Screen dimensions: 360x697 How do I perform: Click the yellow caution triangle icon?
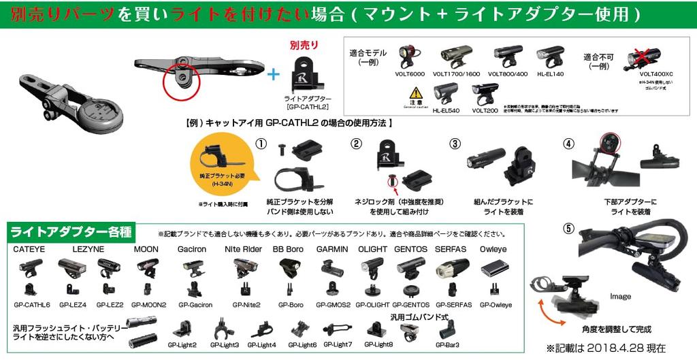[x=415, y=93]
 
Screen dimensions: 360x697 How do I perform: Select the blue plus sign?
[x=273, y=74]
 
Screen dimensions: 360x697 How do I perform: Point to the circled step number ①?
[x=261, y=144]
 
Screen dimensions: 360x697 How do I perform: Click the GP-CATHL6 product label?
[x=32, y=305]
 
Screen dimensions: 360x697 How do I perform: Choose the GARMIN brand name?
[x=332, y=250]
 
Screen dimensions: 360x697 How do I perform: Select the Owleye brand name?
[x=493, y=250]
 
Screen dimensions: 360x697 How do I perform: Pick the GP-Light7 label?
[x=337, y=344]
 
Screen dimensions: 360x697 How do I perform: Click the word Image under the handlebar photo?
[x=620, y=297]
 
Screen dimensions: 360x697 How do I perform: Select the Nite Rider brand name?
[x=243, y=250]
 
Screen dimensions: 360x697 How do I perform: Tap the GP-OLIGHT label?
[x=371, y=305]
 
